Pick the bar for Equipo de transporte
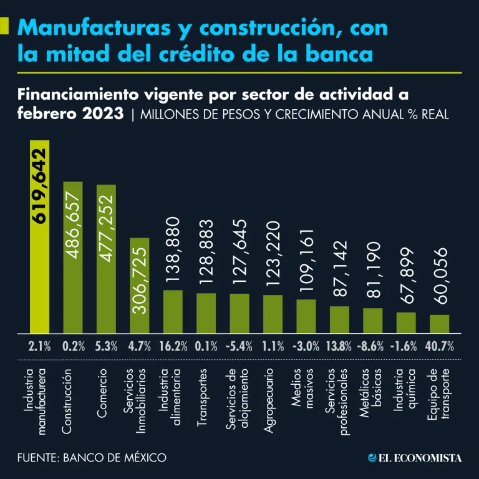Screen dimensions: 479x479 coord(439,324)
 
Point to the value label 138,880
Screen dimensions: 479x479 coord(173,252)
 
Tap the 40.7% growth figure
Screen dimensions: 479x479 coord(439,347)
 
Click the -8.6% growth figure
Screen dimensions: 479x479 coord(373,347)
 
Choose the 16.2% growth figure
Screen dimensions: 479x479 coord(173,347)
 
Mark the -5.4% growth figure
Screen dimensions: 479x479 coord(239,347)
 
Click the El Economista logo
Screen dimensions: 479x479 coord(414,458)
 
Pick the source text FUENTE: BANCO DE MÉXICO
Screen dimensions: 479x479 coord(92,458)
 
